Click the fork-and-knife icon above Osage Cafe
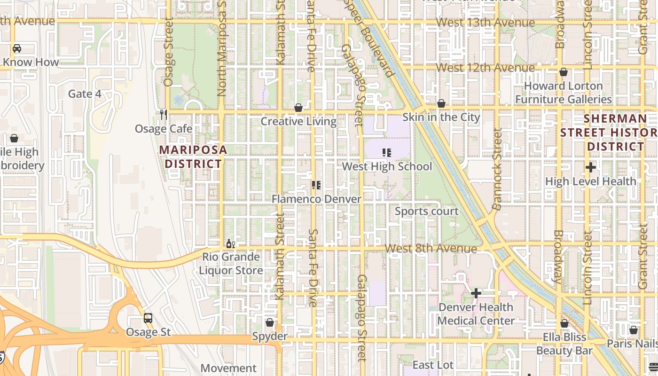click(163, 114)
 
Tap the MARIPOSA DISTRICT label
click(193, 157)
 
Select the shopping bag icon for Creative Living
click(298, 108)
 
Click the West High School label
click(387, 166)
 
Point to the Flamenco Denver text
click(316, 199)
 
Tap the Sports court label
click(426, 211)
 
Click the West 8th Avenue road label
click(431, 248)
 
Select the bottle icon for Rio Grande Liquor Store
click(230, 243)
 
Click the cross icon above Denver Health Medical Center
click(476, 294)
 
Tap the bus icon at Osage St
click(148, 318)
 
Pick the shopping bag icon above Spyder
click(270, 322)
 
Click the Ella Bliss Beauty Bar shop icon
click(564, 323)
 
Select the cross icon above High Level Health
click(591, 167)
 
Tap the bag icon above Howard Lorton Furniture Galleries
click(563, 72)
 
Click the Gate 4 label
click(85, 94)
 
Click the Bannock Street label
click(497, 169)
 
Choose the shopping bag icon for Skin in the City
click(441, 103)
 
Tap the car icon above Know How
click(17, 48)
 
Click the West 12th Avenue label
click(485, 68)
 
